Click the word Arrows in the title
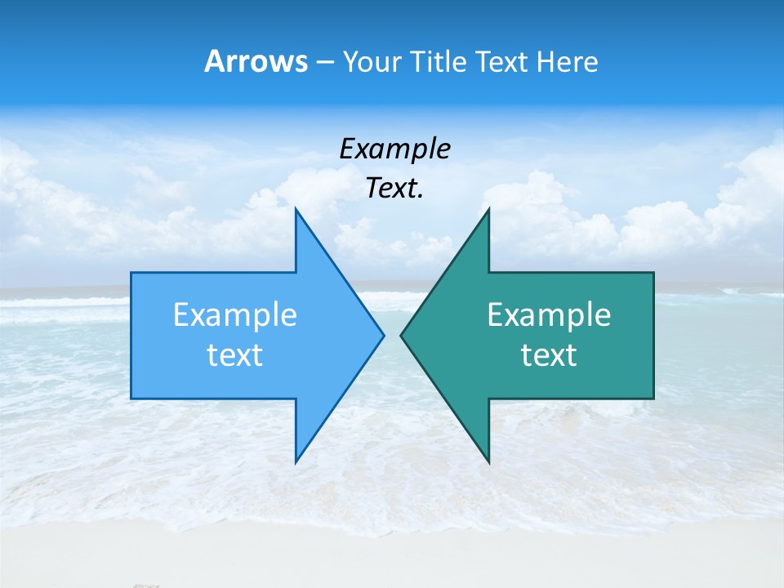tap(256, 61)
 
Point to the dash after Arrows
tap(324, 62)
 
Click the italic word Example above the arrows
tap(394, 149)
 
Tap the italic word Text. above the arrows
tap(394, 189)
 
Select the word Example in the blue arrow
tap(235, 315)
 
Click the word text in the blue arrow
tap(235, 355)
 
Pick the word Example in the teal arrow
tap(549, 315)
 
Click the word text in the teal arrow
tap(549, 355)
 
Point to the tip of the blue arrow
tap(384, 335)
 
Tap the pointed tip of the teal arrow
tap(401, 335)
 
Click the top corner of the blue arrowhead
tap(296, 209)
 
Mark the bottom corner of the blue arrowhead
tap(296, 462)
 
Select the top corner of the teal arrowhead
tap(488, 209)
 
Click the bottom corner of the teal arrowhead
tap(488, 462)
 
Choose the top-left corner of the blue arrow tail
tap(131, 273)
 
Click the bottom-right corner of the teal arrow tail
tap(653, 398)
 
